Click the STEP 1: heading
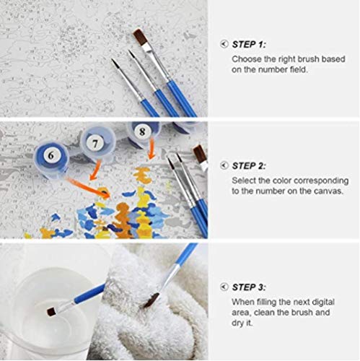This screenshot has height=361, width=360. tap(249, 45)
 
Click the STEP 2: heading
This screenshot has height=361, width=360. tap(249, 166)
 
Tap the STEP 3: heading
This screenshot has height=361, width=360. tap(249, 287)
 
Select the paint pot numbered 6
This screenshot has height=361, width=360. tap(51, 160)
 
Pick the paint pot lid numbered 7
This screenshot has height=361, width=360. tap(95, 143)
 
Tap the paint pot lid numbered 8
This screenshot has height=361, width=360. tap(143, 132)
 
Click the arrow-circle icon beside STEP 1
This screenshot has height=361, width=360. tap(224, 44)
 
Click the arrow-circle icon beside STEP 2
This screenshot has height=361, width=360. tap(224, 165)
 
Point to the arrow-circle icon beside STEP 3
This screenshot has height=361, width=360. tap(224, 287)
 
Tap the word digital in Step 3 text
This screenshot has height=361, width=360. tap(323, 302)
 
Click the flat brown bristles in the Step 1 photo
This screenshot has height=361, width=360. tap(140, 37)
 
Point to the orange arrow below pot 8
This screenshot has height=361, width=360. tap(152, 149)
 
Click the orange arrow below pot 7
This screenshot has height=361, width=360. tap(95, 170)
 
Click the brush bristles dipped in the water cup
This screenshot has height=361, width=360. tap(52, 312)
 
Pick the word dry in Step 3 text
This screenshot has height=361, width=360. tap(237, 323)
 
